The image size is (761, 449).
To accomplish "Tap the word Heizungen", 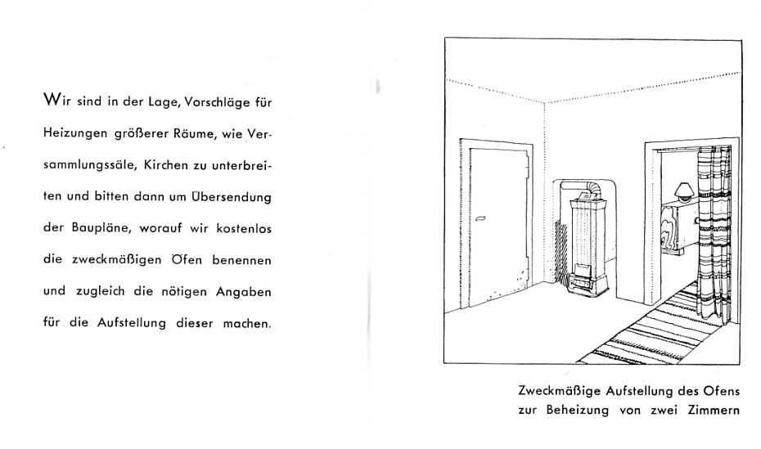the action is (75, 134).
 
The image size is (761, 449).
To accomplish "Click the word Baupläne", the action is (102, 228).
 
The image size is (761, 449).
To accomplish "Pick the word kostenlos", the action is (244, 228).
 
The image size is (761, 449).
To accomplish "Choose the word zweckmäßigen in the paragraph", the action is (116, 260).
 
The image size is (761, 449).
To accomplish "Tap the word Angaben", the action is (244, 293).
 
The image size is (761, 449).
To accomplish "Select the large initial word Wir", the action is (57, 101).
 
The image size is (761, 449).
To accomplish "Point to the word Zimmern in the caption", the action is (714, 411).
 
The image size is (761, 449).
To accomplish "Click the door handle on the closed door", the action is (480, 218).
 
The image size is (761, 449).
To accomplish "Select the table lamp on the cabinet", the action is (684, 191).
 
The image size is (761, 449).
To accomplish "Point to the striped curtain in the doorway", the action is (714, 233).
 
